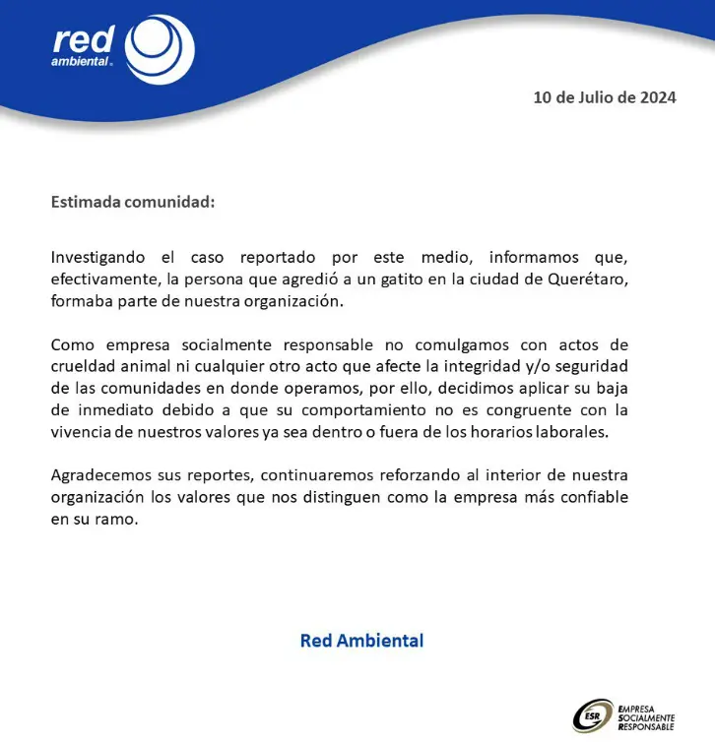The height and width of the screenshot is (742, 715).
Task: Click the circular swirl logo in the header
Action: (x=162, y=49)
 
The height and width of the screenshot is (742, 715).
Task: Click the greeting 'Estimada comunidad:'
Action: (x=132, y=203)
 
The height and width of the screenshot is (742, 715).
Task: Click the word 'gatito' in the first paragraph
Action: (x=411, y=279)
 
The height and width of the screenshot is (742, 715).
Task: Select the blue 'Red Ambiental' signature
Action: (x=361, y=641)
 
